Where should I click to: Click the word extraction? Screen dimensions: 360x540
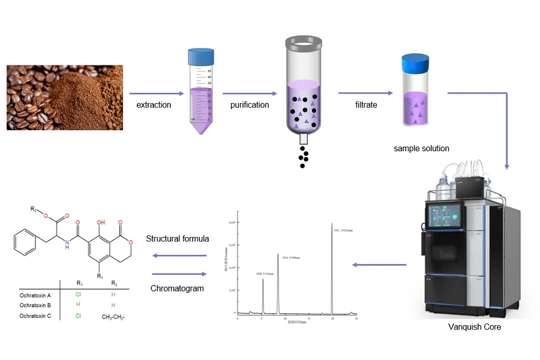154,105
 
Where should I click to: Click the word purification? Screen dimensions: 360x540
250,105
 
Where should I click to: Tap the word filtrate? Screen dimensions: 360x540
366,104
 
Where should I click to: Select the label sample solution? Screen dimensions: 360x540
421,148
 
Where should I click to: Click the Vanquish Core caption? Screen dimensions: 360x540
474,327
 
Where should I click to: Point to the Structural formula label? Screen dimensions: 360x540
178,239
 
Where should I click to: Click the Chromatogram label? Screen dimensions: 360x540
178,289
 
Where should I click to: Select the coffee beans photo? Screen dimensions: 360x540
65,97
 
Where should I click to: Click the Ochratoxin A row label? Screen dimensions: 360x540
35,295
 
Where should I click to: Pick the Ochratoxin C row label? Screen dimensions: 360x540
35,316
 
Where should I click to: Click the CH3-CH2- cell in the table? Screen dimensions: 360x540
114,316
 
